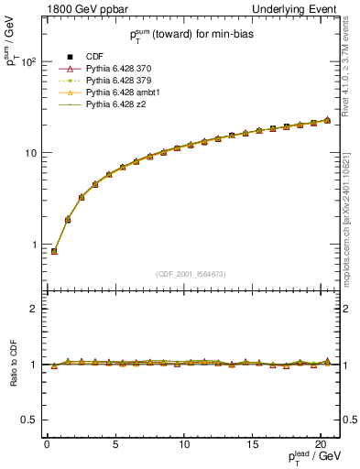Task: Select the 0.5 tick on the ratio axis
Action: click(x=30, y=420)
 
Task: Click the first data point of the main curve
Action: click(x=54, y=251)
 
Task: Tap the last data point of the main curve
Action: click(x=327, y=120)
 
